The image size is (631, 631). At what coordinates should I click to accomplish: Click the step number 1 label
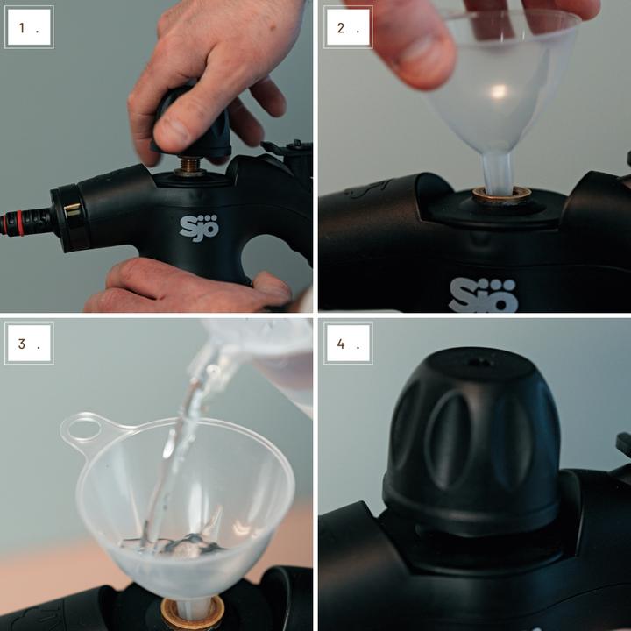click(28, 27)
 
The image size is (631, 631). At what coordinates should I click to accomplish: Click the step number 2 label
click(347, 27)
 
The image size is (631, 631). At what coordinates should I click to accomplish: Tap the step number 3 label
click(28, 343)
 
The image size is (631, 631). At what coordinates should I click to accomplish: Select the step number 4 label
click(347, 343)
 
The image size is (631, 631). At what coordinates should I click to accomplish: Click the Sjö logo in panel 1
click(199, 227)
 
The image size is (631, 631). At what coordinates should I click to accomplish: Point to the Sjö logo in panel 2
click(483, 295)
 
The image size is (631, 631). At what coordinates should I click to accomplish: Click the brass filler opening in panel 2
click(501, 195)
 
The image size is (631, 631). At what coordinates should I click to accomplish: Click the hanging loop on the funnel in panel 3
click(83, 430)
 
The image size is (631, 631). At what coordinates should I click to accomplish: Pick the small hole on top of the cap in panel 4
click(479, 360)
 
